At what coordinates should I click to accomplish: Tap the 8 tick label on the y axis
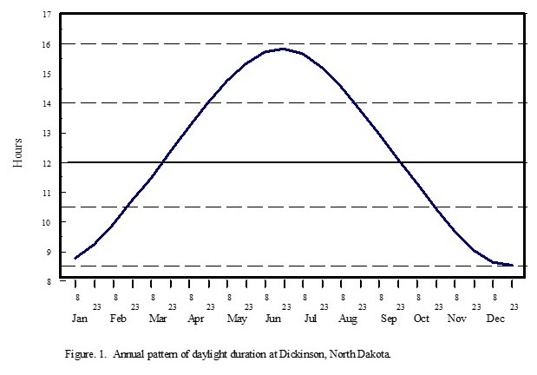pos(49,281)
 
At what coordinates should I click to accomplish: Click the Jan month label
pos(80,319)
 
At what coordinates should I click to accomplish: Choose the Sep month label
pos(388,319)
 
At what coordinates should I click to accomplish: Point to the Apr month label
pos(196,319)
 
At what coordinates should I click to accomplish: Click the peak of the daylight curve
pos(283,49)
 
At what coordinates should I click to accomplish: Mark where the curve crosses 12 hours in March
pos(162,162)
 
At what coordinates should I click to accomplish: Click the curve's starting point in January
pos(75,259)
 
